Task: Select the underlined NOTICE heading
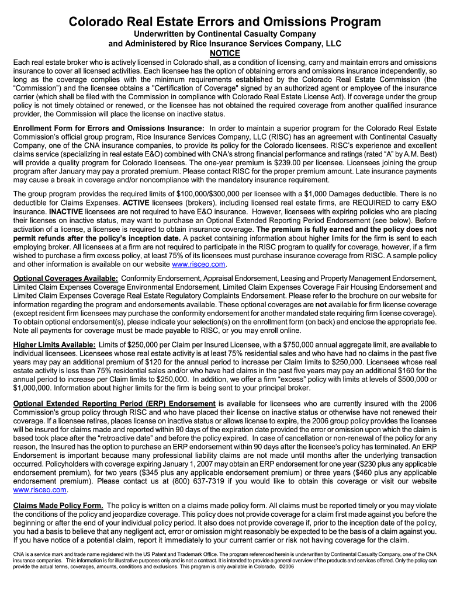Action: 225,54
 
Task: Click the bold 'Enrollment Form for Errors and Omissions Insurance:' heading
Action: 109,128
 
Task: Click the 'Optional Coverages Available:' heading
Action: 65,279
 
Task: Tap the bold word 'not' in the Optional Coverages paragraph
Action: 321,305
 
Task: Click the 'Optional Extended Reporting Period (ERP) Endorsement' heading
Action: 114,404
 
